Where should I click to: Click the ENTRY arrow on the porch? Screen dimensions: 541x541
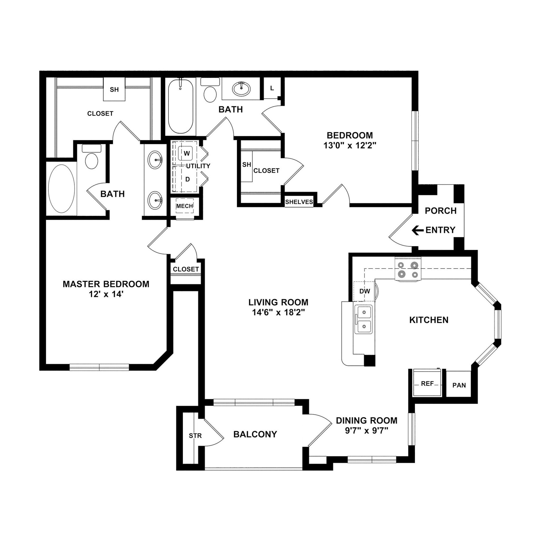click(418, 230)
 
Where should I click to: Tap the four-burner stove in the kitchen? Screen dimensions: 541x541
click(408, 269)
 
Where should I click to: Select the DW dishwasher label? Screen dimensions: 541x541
click(365, 291)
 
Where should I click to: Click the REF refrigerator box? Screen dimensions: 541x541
click(427, 384)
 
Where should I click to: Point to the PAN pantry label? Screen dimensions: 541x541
click(459, 385)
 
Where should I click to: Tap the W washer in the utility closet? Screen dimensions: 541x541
click(186, 153)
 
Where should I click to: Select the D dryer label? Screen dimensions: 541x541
click(188, 179)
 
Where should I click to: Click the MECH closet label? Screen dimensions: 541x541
click(185, 206)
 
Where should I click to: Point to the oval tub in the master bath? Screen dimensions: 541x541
click(62, 188)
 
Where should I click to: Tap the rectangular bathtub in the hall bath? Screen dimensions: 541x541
click(181, 106)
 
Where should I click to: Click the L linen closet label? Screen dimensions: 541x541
click(272, 88)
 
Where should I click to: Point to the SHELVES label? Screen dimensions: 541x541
click(299, 202)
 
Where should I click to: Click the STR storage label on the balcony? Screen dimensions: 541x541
click(195, 436)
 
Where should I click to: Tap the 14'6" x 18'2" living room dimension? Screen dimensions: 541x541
click(278, 312)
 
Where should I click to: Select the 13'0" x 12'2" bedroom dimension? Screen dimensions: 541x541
click(350, 145)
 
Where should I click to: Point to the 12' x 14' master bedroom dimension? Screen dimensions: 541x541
click(106, 294)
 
